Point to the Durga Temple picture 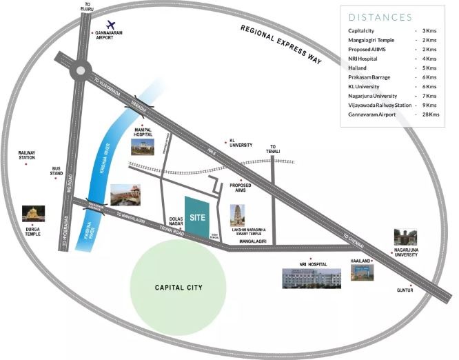31,214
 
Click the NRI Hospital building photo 310,277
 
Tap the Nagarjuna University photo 405,238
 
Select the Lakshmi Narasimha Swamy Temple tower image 236,215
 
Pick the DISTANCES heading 380,17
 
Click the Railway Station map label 27,156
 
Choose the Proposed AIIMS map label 241,188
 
